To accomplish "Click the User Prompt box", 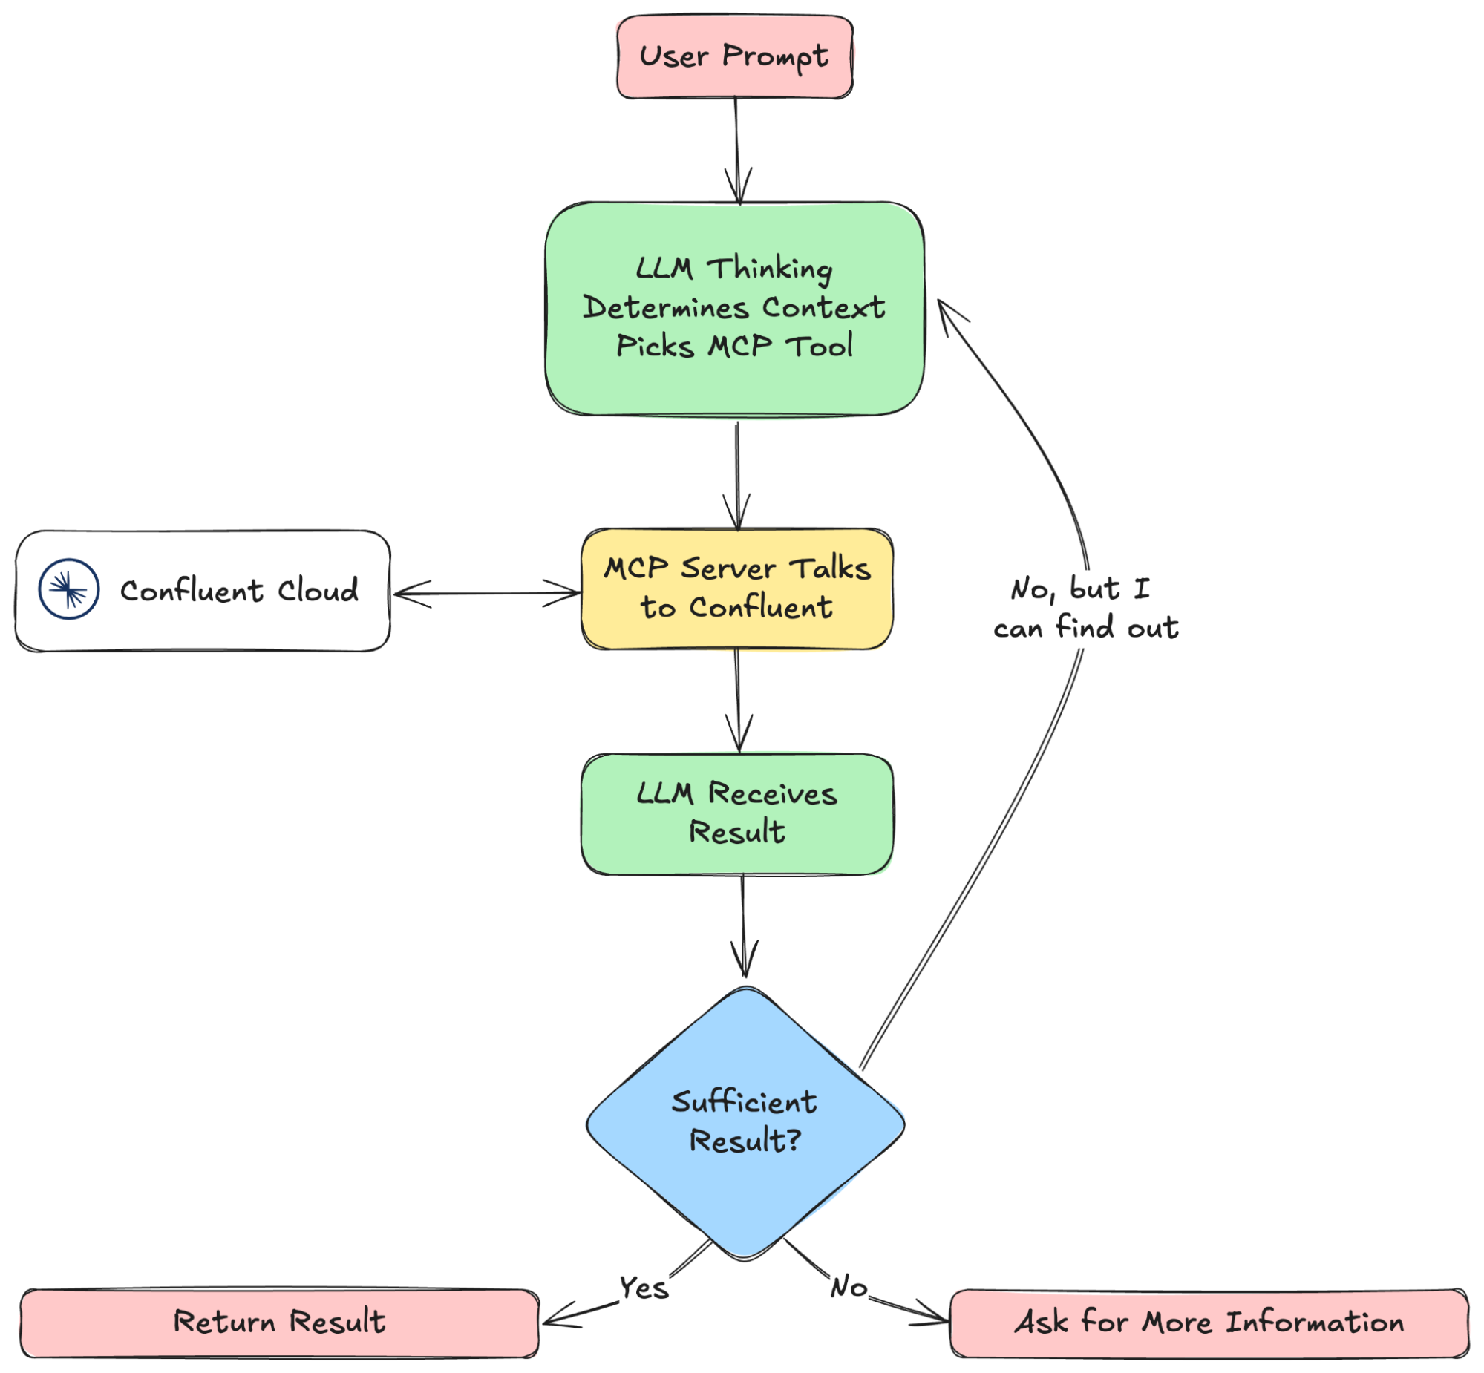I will pyautogui.click(x=734, y=56).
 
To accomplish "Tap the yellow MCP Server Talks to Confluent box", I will pyautogui.click(x=736, y=589).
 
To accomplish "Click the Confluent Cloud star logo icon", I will pyautogui.click(x=68, y=590).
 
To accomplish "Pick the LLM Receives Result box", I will pyautogui.click(x=737, y=813).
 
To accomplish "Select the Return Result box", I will pyautogui.click(x=279, y=1323).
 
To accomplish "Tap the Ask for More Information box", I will pyautogui.click(x=1209, y=1323).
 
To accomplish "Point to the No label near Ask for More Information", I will pyautogui.click(x=849, y=1287).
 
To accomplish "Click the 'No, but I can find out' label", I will pyautogui.click(x=1085, y=609).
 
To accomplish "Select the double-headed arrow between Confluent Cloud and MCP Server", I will pyautogui.click(x=487, y=594).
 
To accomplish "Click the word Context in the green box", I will pyautogui.click(x=823, y=307).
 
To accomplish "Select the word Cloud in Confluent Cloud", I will pyautogui.click(x=318, y=591).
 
